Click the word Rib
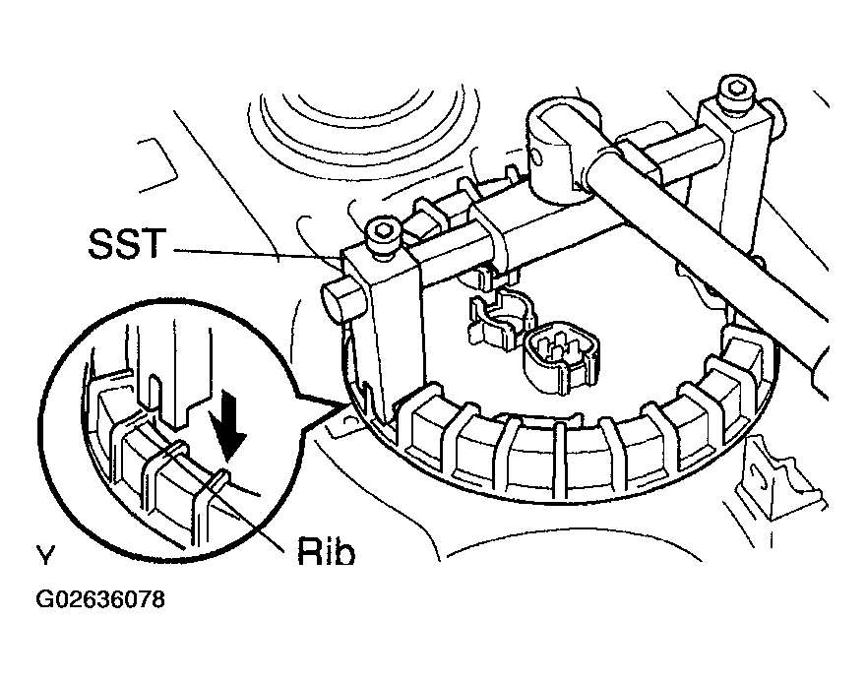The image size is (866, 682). click(326, 550)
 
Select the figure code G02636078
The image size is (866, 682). click(100, 599)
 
